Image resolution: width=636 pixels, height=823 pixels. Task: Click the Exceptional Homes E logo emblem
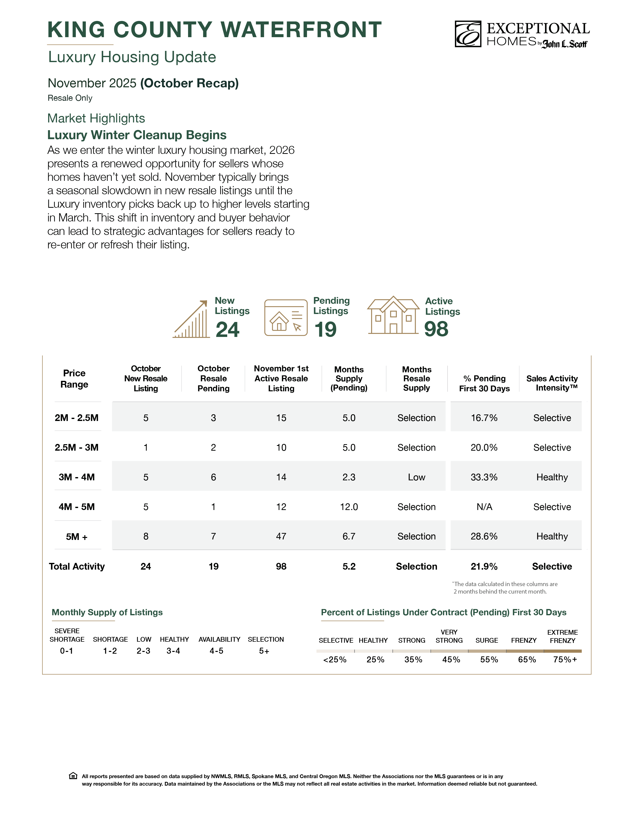468,34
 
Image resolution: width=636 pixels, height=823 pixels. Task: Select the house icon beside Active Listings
393,315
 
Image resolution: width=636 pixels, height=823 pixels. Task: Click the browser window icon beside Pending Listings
286,318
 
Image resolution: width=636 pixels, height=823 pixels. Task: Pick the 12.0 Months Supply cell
349,507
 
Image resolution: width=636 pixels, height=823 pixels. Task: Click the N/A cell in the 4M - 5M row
484,507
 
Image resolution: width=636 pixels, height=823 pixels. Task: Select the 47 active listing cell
281,536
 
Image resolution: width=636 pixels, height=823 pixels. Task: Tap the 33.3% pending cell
484,477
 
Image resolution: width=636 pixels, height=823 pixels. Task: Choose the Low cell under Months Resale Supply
416,477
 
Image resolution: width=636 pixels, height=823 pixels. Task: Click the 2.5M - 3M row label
77,447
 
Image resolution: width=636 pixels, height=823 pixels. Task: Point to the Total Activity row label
77,566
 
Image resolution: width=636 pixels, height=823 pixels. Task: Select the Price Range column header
74,379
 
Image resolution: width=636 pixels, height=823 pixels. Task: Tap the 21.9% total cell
484,566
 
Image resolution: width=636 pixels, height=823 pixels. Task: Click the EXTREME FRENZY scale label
562,636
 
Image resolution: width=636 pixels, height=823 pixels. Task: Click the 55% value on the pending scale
489,659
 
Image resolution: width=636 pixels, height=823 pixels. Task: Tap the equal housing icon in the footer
73,776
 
